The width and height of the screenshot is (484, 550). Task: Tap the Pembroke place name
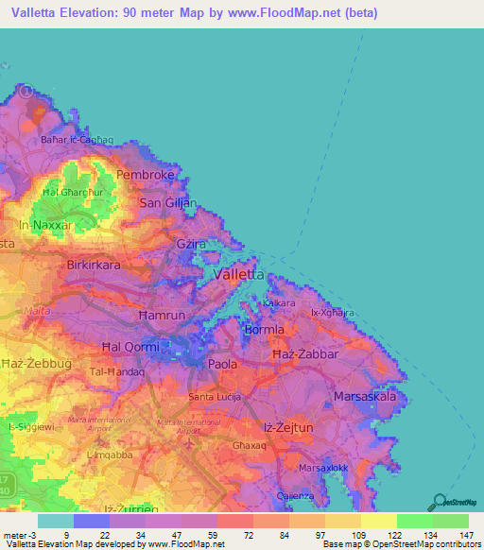[x=145, y=176]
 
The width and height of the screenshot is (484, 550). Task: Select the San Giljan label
[x=168, y=202]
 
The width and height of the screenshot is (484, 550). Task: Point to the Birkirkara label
[x=94, y=266]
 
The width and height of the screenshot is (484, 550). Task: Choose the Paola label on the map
[x=223, y=363]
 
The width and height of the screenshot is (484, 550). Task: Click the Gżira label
[x=191, y=244]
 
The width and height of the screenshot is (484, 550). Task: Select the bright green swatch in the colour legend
[x=414, y=521]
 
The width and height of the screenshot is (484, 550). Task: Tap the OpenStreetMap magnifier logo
[x=437, y=503]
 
